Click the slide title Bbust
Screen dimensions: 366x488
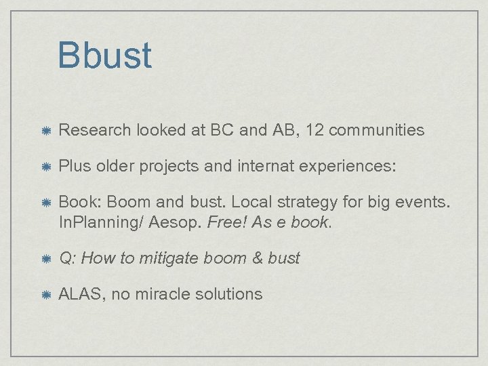(104, 56)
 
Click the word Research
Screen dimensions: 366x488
(95, 130)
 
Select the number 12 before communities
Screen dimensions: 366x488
(314, 130)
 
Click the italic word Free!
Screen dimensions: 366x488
(227, 222)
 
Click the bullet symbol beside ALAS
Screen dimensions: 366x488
(45, 295)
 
